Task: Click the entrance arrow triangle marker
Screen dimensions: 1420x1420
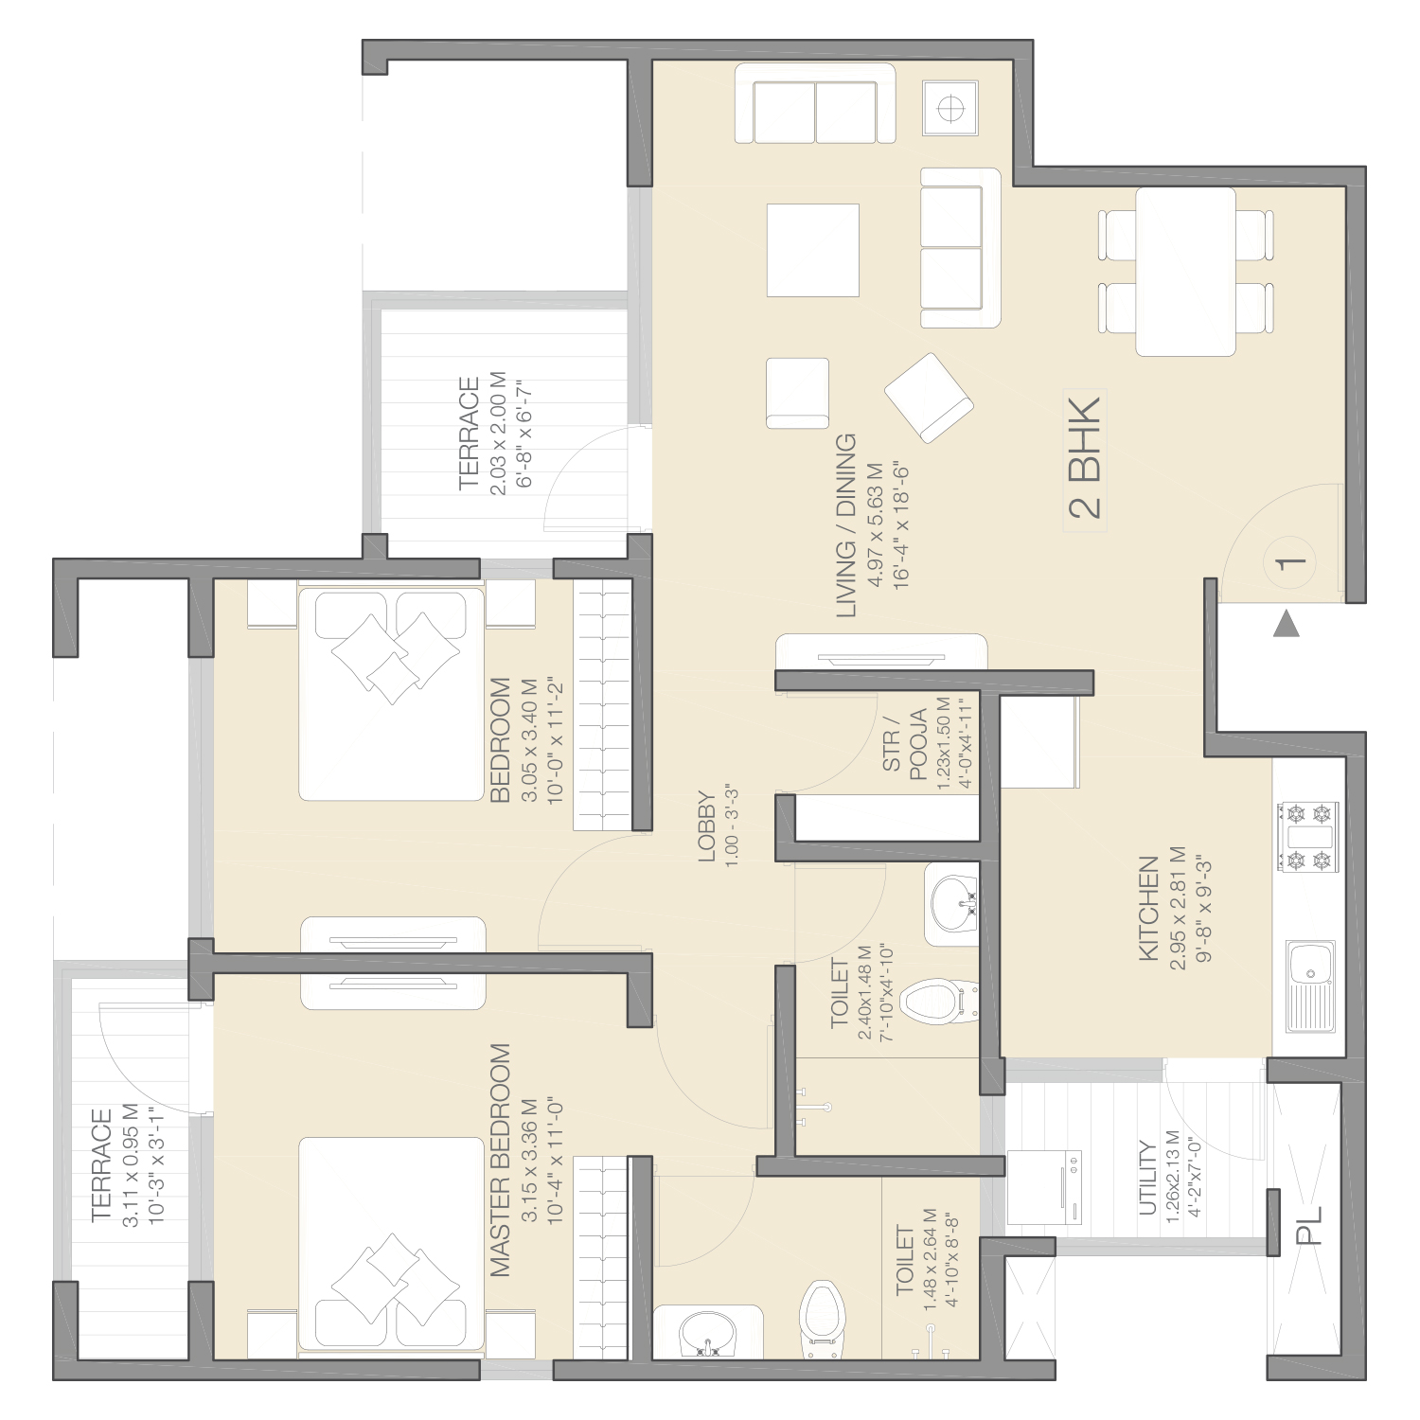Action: pos(1286,625)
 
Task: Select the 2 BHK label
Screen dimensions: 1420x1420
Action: pos(1085,457)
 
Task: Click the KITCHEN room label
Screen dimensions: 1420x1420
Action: pos(1148,909)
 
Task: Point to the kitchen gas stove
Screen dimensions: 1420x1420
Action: pos(1308,837)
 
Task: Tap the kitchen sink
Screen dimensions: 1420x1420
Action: pos(1311,986)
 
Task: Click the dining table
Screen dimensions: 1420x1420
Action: pos(1185,272)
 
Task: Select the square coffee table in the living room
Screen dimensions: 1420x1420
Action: pos(813,250)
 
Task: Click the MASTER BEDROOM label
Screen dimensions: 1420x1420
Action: pos(500,1160)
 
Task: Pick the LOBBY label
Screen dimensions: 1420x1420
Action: pos(706,826)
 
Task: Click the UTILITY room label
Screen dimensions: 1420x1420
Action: pos(1147,1178)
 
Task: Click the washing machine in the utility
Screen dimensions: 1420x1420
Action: pos(1044,1187)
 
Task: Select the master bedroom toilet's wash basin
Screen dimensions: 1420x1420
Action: pos(707,1331)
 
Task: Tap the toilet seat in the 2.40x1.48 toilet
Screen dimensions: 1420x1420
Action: pos(938,1002)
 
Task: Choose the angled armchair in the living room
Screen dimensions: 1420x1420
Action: pos(929,398)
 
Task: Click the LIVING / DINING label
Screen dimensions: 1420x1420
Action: pos(845,525)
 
